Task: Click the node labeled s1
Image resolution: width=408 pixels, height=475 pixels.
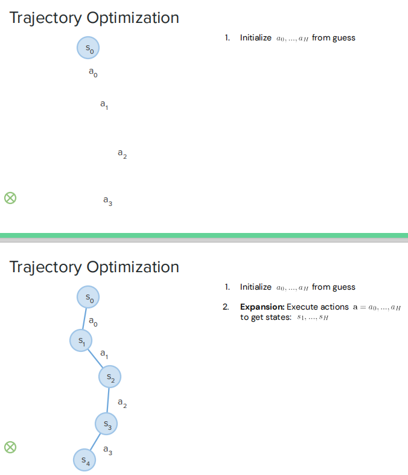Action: tap(81, 341)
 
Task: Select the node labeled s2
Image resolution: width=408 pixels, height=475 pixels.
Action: tap(110, 377)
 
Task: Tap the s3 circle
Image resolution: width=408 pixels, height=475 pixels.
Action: tap(107, 424)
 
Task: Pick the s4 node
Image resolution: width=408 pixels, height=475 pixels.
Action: tap(85, 461)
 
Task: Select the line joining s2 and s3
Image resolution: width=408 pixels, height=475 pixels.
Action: tap(109, 401)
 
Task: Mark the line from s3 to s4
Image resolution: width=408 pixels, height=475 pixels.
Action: tap(96, 442)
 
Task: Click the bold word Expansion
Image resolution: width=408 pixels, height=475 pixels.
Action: tap(262, 307)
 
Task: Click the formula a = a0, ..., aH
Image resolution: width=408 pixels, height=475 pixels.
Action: tap(377, 307)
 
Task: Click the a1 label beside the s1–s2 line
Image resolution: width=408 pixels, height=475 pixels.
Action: tap(104, 353)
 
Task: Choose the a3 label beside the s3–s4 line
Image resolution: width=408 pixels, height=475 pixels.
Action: tap(107, 450)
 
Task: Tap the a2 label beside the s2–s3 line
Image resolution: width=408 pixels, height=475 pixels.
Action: tap(122, 403)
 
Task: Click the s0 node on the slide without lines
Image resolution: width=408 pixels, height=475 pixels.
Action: tap(88, 48)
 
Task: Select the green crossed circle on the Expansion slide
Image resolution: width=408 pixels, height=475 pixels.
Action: tap(10, 447)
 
